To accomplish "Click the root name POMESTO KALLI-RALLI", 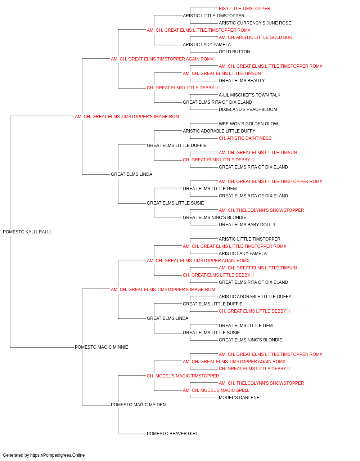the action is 27,232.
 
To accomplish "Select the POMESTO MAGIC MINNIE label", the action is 102,347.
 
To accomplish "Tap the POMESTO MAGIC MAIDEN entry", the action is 138,405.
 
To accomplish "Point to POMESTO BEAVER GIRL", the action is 172,434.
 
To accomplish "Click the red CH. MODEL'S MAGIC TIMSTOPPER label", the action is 183,376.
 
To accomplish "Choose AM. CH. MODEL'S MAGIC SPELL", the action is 216,390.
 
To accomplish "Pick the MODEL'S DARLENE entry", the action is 239,398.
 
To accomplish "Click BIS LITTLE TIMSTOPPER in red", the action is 244,9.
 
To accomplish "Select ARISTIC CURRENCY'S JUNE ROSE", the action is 255,23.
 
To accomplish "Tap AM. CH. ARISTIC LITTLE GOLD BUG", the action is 256,37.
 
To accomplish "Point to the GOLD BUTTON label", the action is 234,52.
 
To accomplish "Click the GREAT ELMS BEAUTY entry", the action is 242,81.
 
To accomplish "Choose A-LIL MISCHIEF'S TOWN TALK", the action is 249,95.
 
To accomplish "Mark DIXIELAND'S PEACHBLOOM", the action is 248,109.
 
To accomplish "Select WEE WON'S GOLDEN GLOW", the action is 248,124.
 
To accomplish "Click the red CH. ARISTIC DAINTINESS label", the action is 245,138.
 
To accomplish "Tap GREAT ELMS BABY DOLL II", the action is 247,225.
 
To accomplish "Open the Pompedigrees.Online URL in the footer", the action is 57,455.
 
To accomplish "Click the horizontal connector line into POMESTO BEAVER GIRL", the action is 132,434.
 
